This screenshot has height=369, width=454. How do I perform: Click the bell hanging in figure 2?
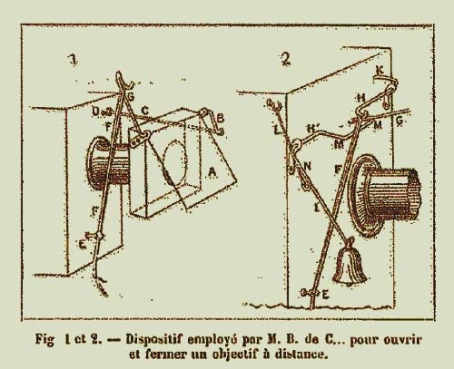coord(350,264)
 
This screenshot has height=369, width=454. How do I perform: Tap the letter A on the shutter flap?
coord(212,172)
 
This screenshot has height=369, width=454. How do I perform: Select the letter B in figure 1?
coord(221,118)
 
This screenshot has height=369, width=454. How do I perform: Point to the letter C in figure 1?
coord(145,111)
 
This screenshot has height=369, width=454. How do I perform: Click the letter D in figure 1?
coord(95,112)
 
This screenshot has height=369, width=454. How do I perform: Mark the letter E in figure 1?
coord(82,245)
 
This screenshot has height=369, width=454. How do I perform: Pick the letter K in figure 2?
coord(380,71)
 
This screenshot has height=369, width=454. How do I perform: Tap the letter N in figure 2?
coord(307,166)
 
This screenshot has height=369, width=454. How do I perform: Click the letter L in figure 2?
coord(277,131)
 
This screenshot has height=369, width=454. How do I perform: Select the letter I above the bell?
coord(317,208)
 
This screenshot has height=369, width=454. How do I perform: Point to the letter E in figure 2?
coord(325,294)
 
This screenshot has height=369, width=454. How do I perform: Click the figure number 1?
coord(73,60)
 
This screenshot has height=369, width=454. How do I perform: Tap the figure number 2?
coord(286,59)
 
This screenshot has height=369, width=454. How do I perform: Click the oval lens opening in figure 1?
coord(175,162)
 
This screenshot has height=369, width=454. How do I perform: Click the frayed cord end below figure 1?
coord(101,286)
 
